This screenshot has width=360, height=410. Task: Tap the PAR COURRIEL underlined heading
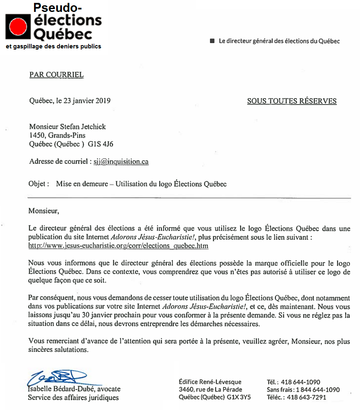(57, 75)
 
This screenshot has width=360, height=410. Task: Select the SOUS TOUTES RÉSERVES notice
(292, 101)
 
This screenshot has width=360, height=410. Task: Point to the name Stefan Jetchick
(84, 127)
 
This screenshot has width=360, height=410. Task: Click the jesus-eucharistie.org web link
(118, 246)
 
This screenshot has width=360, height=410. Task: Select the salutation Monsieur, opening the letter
(43, 211)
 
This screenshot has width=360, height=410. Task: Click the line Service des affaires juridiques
(73, 397)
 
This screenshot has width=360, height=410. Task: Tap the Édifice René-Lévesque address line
(210, 382)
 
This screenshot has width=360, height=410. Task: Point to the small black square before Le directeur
(212, 41)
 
